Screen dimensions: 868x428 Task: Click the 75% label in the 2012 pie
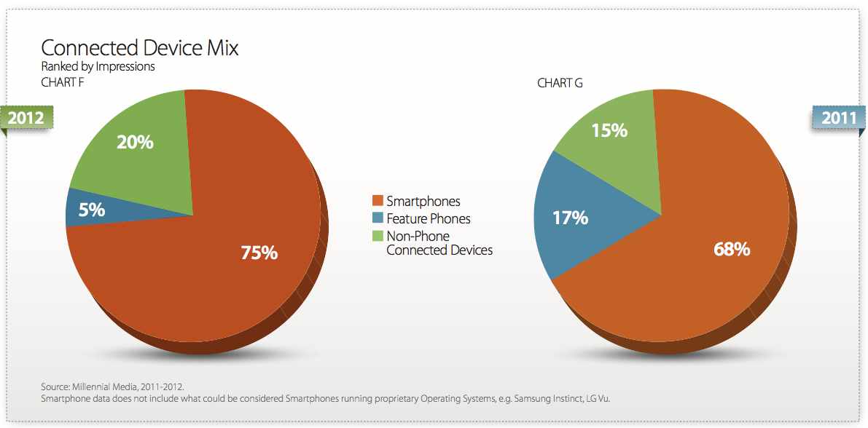pos(259,253)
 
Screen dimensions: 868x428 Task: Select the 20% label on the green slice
pos(135,142)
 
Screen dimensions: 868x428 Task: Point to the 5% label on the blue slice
pos(92,210)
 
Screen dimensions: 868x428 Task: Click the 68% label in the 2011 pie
pos(732,250)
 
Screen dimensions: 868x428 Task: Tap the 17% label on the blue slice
pos(570,218)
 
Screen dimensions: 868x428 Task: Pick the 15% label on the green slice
pos(609,130)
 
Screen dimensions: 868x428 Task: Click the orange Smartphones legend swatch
pos(378,201)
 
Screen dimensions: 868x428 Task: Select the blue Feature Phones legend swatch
pos(378,218)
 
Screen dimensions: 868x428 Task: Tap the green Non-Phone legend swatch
pos(378,236)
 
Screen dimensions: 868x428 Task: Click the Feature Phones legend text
pos(429,218)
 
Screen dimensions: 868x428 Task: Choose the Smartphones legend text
pos(423,202)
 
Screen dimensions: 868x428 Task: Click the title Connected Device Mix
pos(140,48)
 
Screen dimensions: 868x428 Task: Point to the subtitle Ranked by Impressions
pos(98,68)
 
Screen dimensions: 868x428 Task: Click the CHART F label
pos(63,84)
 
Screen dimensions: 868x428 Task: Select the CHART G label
pos(560,84)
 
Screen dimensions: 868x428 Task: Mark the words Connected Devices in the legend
pos(439,250)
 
